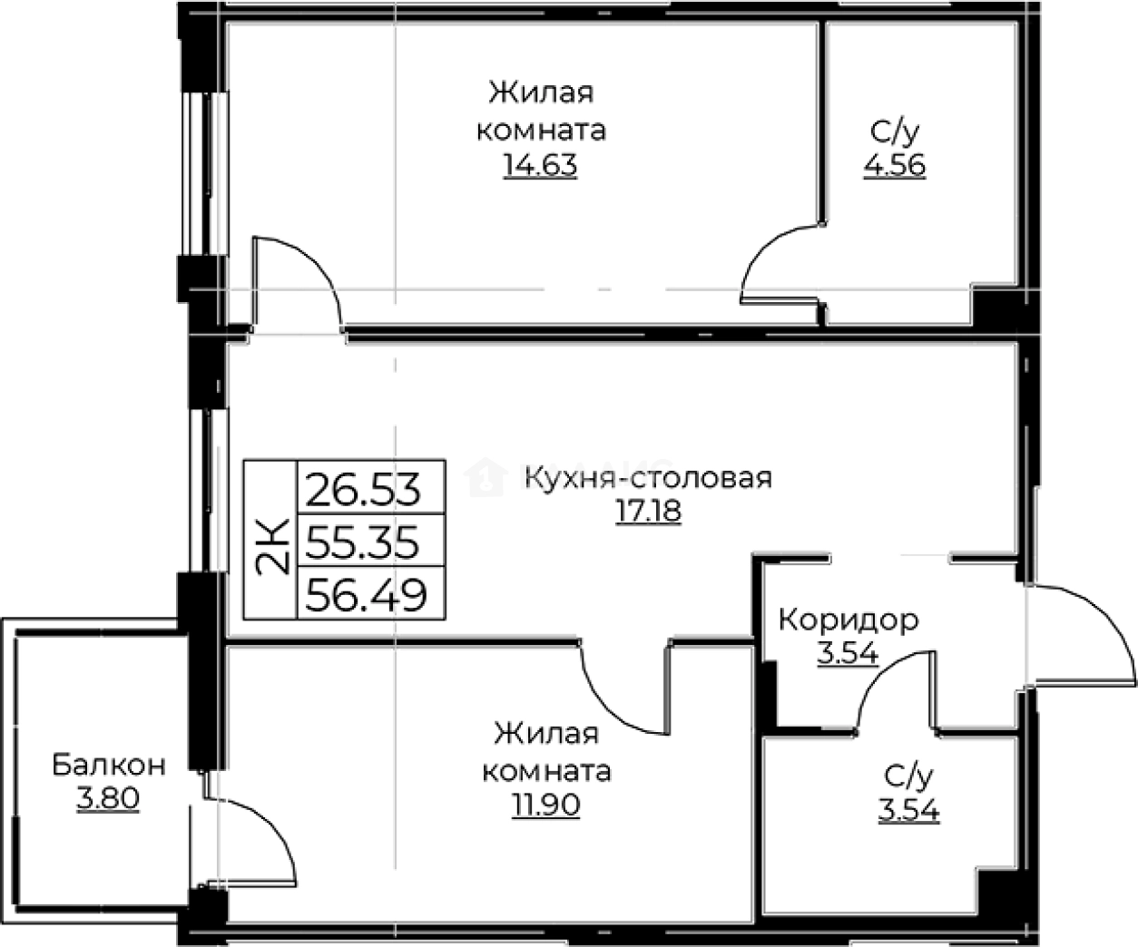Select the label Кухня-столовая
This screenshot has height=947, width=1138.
648,477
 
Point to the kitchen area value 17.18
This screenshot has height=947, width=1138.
648,512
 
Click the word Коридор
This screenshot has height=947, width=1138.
849,620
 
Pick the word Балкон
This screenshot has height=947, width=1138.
108,765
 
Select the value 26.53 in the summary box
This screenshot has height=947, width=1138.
364,490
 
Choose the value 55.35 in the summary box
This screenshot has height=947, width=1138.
363,543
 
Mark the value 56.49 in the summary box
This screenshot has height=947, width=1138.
366,596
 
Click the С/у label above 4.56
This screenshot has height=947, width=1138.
894,132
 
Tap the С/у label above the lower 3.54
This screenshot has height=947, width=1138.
907,776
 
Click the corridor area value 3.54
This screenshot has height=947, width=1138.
847,654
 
